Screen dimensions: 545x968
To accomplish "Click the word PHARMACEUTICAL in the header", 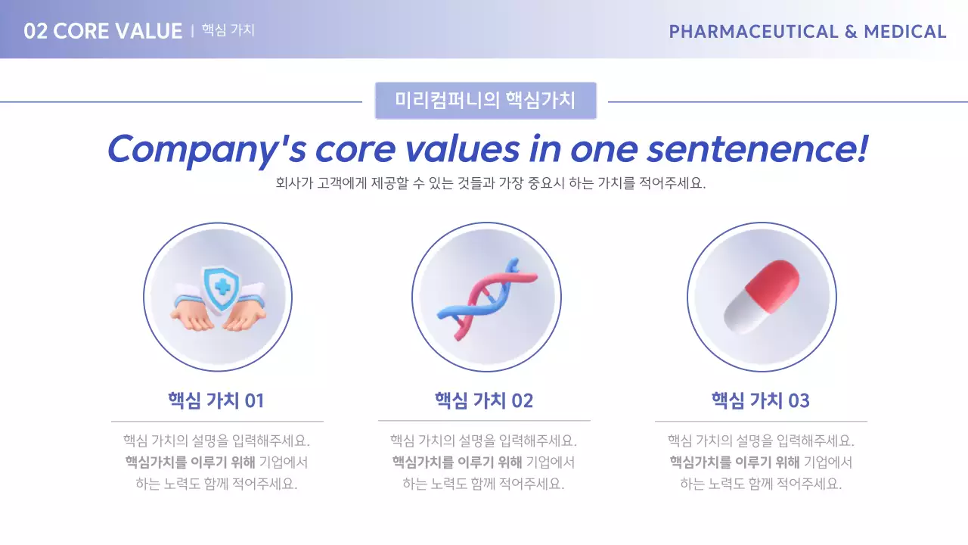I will click(x=753, y=32).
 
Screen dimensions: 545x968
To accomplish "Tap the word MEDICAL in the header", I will click(x=904, y=32).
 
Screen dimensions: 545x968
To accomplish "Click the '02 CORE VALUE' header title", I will click(x=103, y=31).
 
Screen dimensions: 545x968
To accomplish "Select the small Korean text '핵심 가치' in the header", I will click(x=228, y=30).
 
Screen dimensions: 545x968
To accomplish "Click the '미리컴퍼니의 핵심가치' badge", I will click(x=486, y=101).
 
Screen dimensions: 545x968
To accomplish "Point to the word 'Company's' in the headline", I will click(x=206, y=148).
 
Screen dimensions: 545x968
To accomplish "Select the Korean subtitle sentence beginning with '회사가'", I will click(x=491, y=184).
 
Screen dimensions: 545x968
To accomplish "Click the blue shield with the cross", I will click(x=221, y=288).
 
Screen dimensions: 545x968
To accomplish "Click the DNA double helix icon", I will click(x=486, y=297).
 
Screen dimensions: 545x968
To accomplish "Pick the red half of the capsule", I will click(x=772, y=282).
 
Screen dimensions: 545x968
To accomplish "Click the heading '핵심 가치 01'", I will click(x=216, y=400).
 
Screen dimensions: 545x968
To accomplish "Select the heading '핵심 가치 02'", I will click(x=484, y=400).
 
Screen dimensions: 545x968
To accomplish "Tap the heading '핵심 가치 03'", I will click(x=760, y=400).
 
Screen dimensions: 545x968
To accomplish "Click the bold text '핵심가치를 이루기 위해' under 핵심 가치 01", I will click(x=191, y=462).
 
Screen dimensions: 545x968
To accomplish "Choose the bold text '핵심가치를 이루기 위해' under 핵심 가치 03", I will click(x=734, y=462).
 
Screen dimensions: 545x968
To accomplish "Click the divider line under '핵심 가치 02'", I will click(x=484, y=421).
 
